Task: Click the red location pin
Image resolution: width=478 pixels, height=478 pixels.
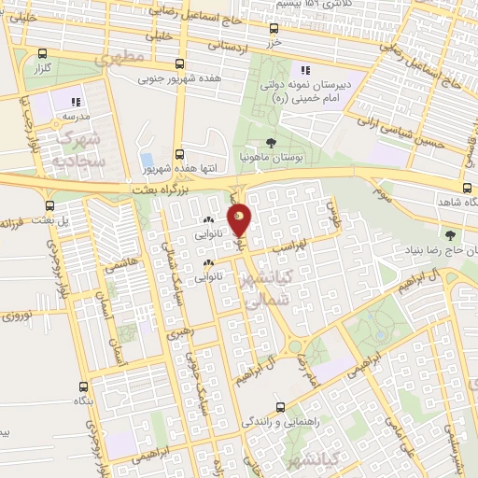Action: (240, 220)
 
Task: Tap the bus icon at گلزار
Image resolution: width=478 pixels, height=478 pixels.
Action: (42, 53)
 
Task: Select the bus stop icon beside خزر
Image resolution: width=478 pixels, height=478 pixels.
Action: (274, 29)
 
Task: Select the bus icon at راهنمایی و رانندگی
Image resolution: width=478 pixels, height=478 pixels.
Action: (282, 407)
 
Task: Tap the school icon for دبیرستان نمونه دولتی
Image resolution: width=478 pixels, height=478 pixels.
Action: (303, 70)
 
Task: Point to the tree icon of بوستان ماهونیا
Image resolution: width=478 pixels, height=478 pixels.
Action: (271, 143)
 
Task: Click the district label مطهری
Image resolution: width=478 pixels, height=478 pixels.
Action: (121, 59)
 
